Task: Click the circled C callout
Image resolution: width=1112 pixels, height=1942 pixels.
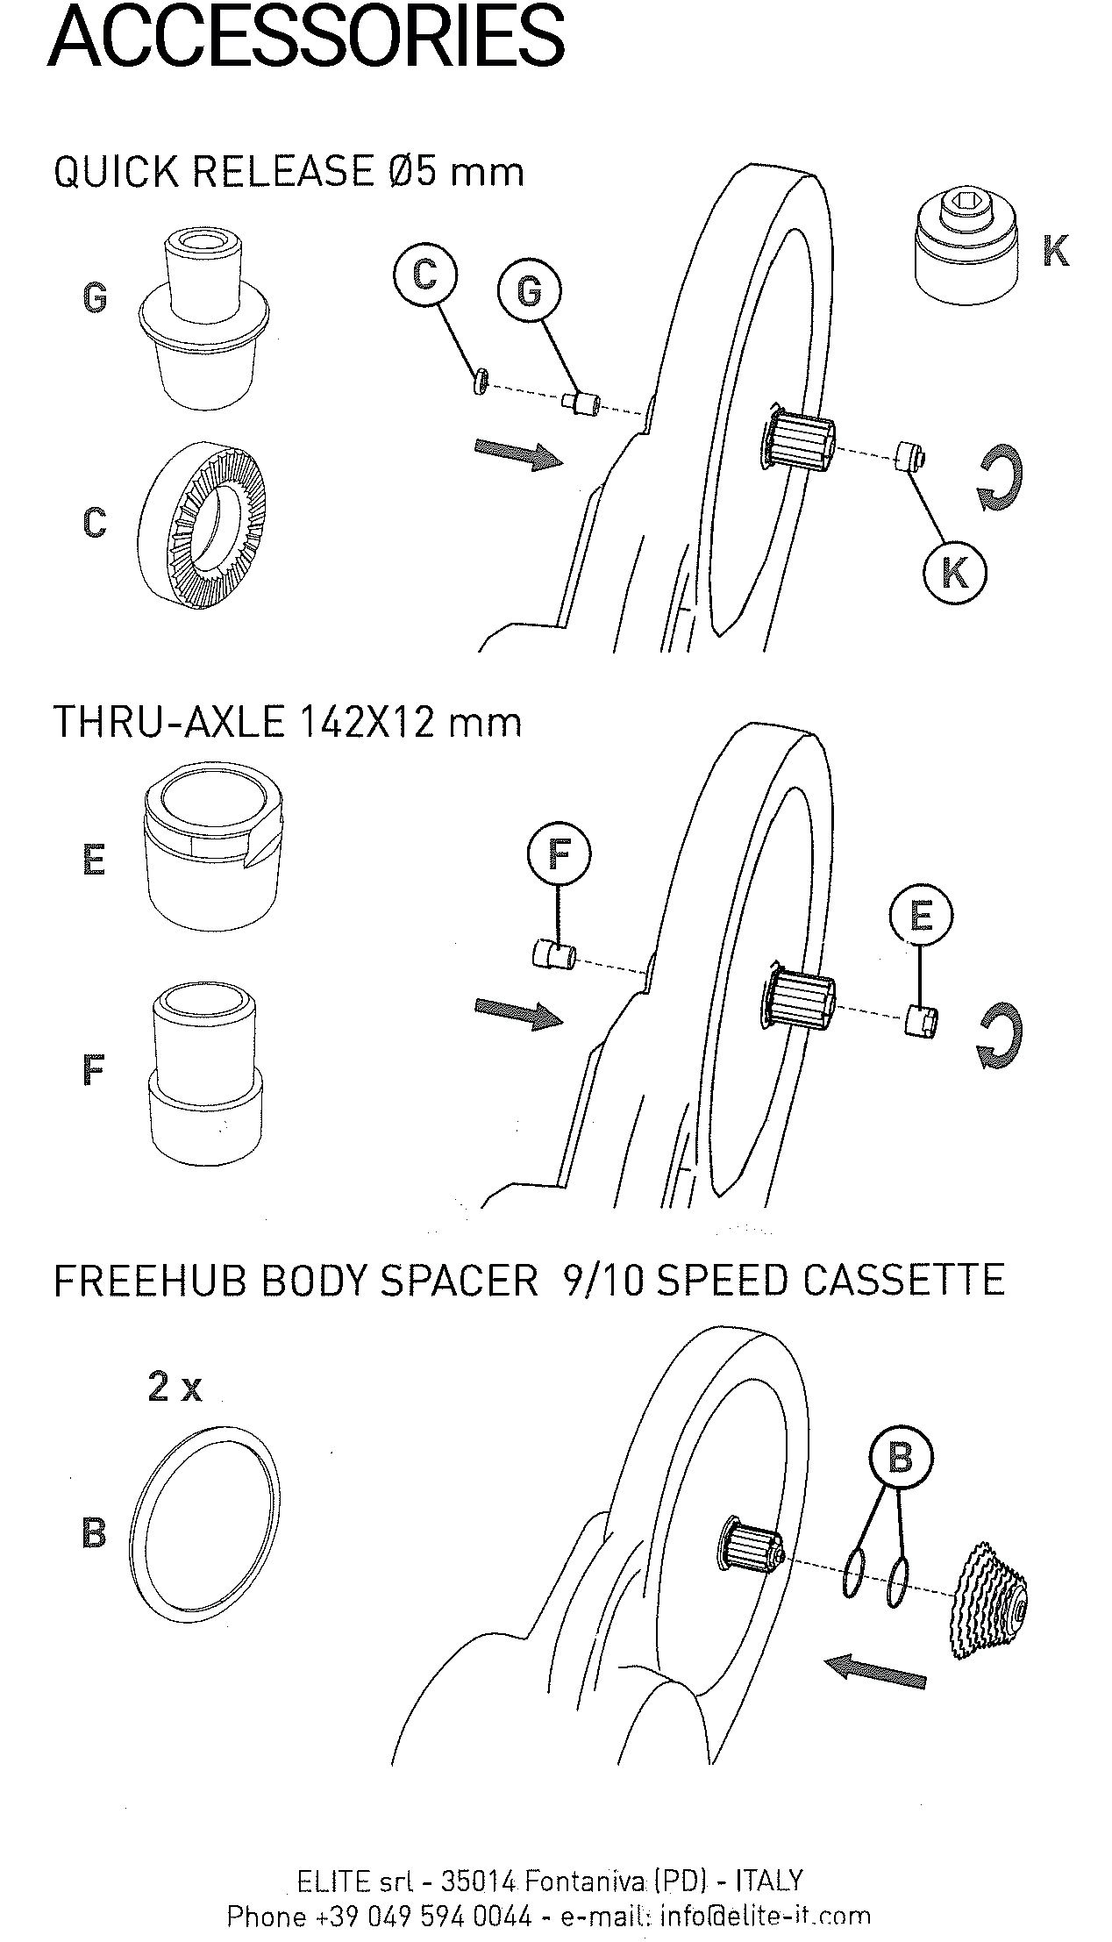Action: (424, 275)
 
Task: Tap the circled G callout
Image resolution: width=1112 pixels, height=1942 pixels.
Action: (529, 290)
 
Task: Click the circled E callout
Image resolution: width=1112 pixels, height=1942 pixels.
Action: (921, 916)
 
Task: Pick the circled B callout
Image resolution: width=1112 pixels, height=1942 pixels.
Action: (901, 1458)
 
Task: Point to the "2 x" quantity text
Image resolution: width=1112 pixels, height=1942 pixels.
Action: (175, 1387)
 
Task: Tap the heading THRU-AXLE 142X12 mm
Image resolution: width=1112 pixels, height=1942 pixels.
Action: (288, 723)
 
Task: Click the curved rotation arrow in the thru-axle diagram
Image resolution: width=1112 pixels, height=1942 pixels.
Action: (1000, 1038)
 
